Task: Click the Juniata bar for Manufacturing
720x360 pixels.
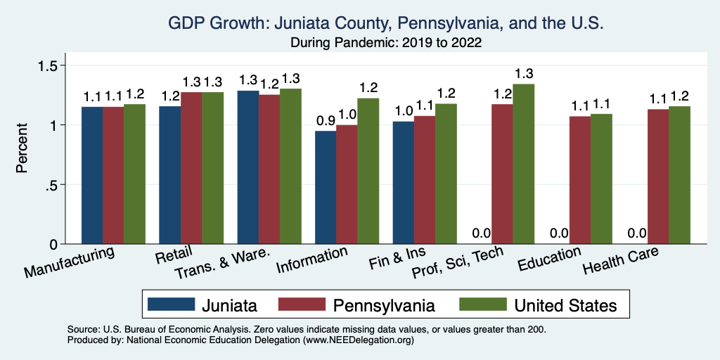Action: click(92, 175)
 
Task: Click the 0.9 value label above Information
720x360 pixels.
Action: click(326, 120)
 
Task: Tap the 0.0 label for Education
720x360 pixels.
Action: click(559, 233)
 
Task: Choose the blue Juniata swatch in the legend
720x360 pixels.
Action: click(171, 305)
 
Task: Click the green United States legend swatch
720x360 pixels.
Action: click(482, 305)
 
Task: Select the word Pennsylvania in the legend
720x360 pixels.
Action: click(384, 305)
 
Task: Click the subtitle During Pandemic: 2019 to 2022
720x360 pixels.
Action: click(385, 42)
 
